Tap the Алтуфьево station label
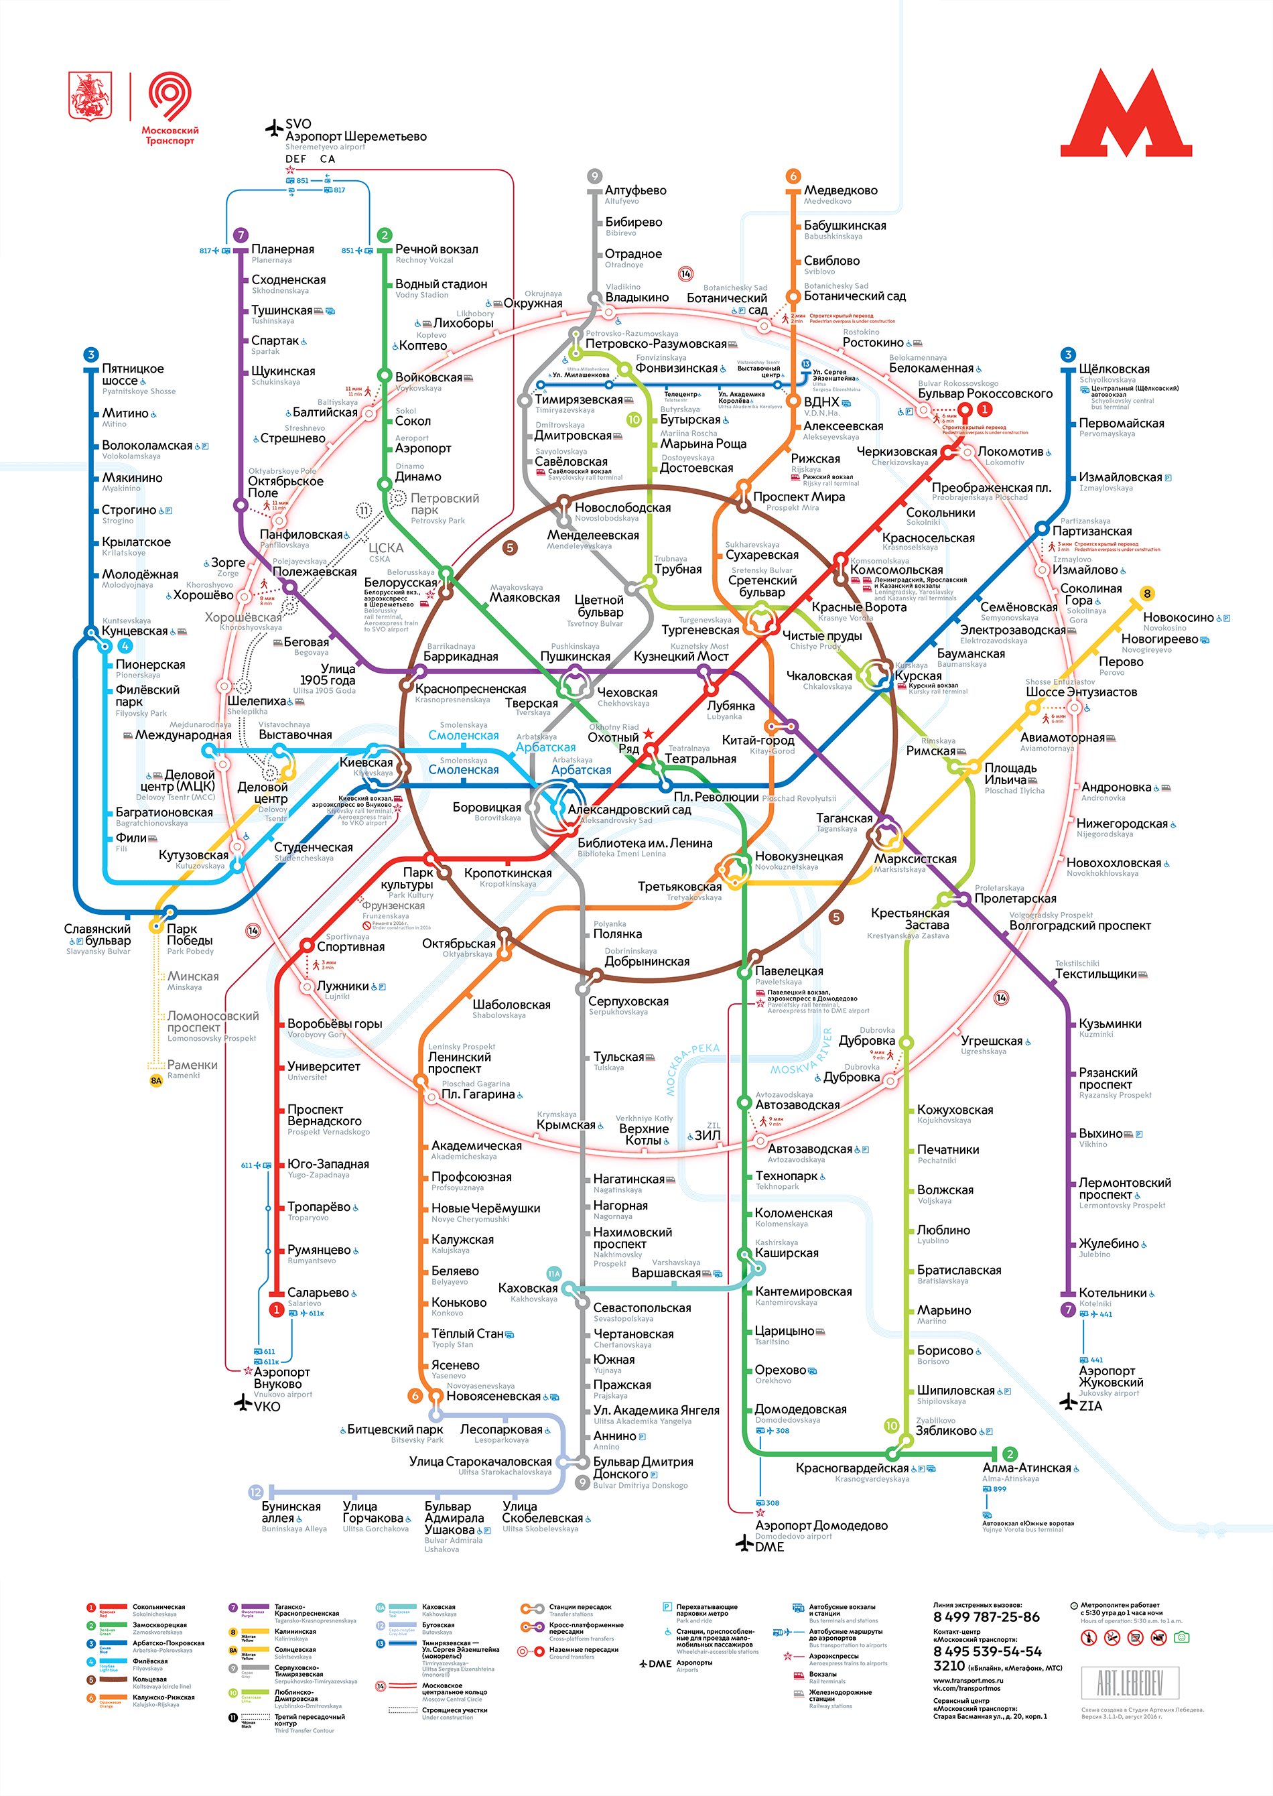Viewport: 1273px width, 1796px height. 635,190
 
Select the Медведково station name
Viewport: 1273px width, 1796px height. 840,190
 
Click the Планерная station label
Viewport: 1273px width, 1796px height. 282,249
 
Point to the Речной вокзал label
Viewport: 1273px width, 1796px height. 435,249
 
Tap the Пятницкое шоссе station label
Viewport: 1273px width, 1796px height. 133,375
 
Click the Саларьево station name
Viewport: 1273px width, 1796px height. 318,1293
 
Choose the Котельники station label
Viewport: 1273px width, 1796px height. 1112,1293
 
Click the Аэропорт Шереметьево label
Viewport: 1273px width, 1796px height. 355,137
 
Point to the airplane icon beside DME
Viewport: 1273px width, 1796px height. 744,1543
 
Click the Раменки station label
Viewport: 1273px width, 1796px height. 192,1065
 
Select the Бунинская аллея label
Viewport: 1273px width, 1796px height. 291,1513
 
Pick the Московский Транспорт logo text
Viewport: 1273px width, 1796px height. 170,135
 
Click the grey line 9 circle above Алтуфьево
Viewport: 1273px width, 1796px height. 595,176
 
